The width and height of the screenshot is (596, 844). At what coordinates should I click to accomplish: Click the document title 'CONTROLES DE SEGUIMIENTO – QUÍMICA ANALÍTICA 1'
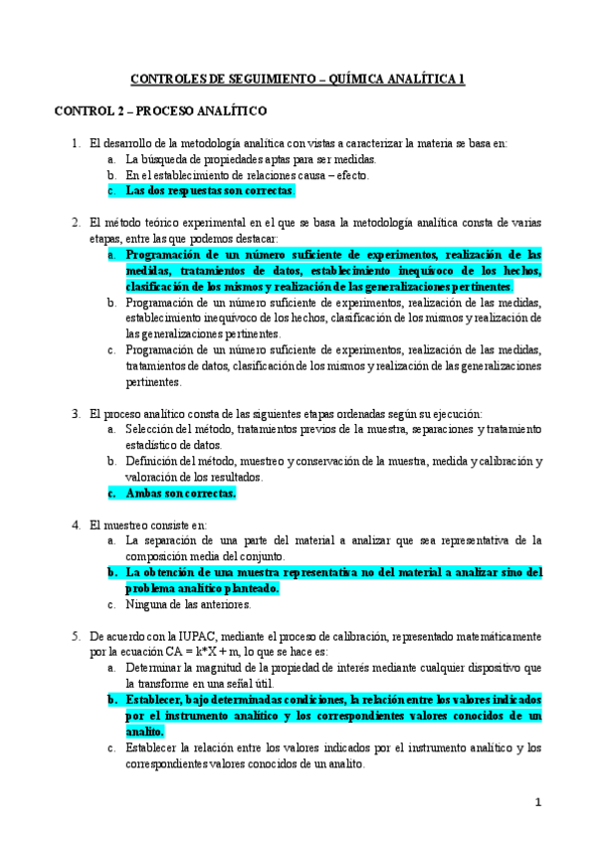pos(298,79)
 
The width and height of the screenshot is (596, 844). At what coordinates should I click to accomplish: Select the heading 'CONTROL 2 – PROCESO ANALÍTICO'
pos(160,111)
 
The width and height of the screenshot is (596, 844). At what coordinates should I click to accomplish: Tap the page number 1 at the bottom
pos(537,802)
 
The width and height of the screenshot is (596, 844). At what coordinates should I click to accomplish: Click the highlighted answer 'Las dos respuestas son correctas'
pos(210,190)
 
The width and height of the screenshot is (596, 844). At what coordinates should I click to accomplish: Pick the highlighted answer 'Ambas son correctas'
pos(180,493)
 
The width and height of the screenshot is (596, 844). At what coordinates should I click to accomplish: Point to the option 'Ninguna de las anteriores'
pos(188,603)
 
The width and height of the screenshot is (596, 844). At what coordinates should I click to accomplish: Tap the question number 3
pos(76,413)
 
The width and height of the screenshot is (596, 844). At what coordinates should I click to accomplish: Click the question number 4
pos(76,524)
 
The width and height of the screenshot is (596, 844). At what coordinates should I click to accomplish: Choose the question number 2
pos(76,223)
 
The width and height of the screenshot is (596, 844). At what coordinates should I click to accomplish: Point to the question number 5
pos(76,635)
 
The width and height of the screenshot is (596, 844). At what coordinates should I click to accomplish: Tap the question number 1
pos(76,143)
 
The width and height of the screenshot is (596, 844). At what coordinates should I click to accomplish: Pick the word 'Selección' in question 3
pos(150,429)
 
